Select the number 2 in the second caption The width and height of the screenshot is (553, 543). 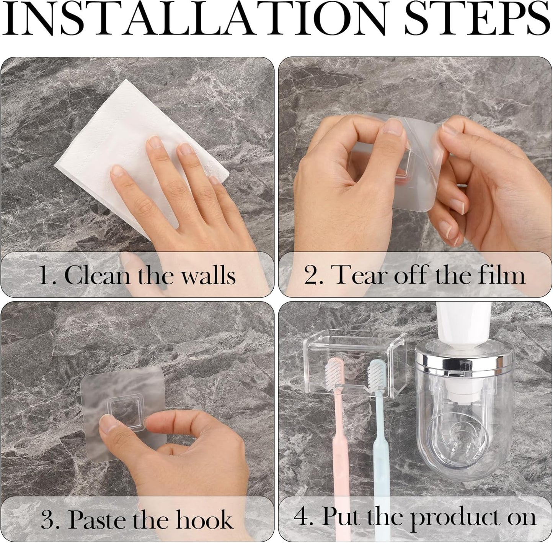310,275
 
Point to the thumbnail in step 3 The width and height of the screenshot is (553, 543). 108,423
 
